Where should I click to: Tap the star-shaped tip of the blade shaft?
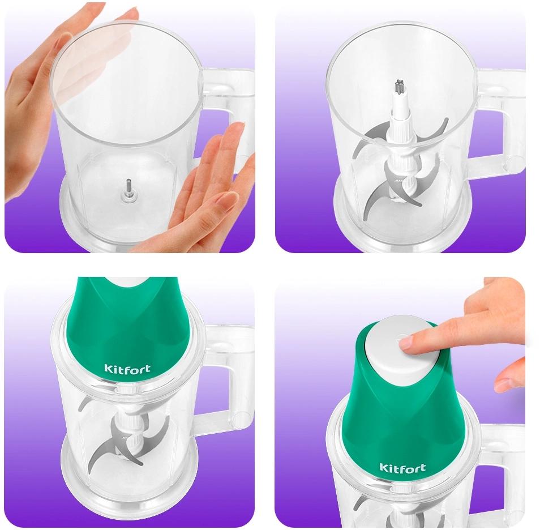[x=400, y=86]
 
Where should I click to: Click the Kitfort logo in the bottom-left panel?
[x=127, y=369]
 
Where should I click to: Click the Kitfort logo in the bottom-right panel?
[x=402, y=468]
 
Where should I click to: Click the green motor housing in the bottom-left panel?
[x=127, y=331]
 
